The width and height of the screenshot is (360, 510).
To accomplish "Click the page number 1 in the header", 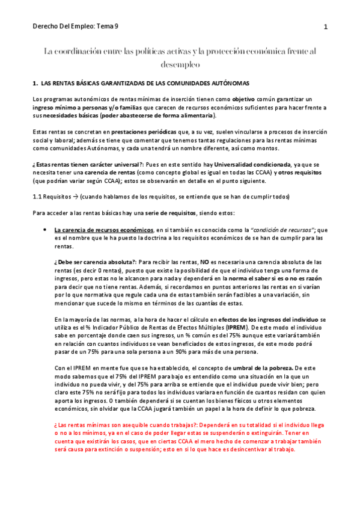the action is point(325,27).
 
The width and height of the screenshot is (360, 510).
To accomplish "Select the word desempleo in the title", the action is point(180,64).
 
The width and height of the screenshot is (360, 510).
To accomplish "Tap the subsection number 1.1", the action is point(37,197).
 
